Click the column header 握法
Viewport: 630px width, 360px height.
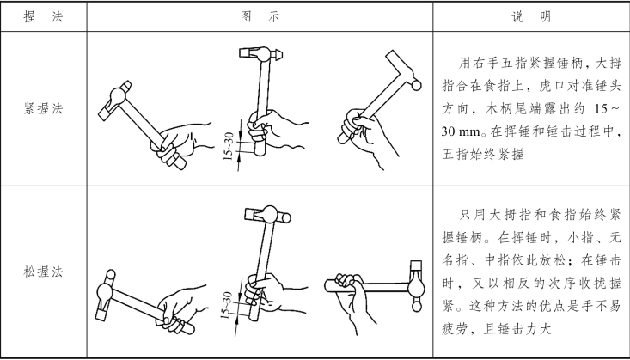[x=43, y=17]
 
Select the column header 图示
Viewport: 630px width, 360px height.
[x=260, y=17]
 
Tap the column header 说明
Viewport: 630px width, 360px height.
[x=531, y=17]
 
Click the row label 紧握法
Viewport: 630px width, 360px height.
[x=43, y=108]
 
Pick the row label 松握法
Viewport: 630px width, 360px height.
[x=43, y=272]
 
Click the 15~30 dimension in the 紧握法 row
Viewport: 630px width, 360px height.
[x=228, y=145]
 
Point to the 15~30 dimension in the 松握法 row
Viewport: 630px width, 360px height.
[x=227, y=305]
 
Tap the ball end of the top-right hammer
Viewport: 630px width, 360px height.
[x=416, y=85]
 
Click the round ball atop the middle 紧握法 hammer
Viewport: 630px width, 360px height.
[x=262, y=53]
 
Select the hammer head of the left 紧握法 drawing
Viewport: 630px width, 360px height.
[x=115, y=100]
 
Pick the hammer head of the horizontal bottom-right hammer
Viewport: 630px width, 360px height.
[x=416, y=286]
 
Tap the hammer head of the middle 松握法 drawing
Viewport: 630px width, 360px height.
[x=267, y=215]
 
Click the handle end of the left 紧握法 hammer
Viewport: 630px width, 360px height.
[x=181, y=164]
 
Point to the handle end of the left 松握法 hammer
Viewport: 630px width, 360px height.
[x=190, y=329]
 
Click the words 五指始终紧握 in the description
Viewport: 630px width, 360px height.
[x=483, y=155]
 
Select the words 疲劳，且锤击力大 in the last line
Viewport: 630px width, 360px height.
[x=496, y=329]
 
